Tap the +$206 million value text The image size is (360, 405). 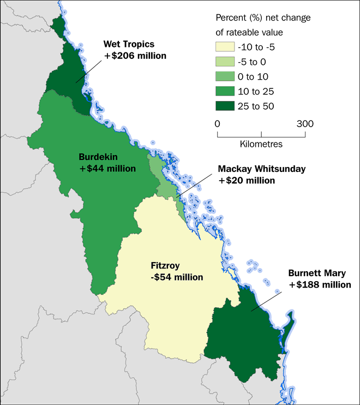[135, 56]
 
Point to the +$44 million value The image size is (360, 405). [107, 169]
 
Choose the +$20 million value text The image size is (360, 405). [247, 180]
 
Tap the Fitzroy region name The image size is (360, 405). [165, 266]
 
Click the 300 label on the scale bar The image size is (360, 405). [305, 123]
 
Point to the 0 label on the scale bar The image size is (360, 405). [218, 123]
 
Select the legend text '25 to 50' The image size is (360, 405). [258, 106]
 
